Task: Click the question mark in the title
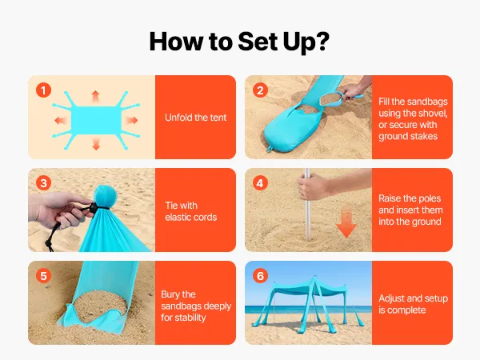(x=321, y=41)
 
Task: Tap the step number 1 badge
(x=43, y=90)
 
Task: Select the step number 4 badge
(x=260, y=183)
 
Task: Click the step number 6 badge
(x=260, y=276)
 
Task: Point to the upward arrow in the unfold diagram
(x=95, y=96)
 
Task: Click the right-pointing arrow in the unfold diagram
(x=132, y=120)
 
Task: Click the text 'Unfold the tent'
(x=196, y=118)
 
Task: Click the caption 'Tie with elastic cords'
(x=190, y=211)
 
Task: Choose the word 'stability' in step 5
(x=190, y=318)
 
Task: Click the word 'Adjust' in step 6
(x=391, y=298)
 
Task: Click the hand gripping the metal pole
(x=314, y=186)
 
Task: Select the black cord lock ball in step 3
(x=93, y=207)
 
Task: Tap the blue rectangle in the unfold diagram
(x=96, y=120)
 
